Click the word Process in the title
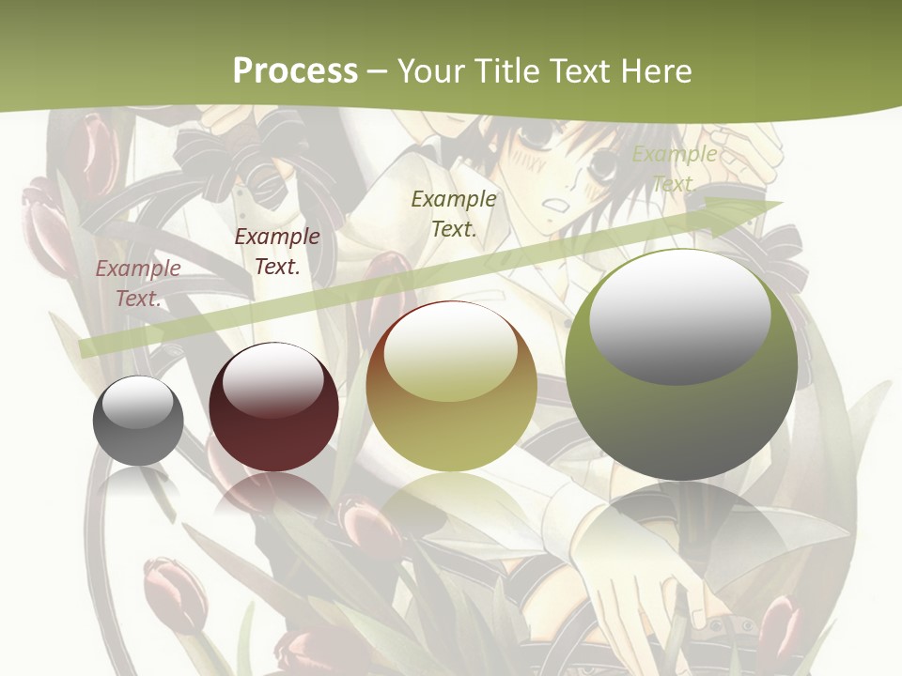[x=295, y=70]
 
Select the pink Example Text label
[x=138, y=283]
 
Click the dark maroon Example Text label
[x=277, y=251]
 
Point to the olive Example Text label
[x=454, y=213]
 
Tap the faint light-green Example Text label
[x=674, y=169]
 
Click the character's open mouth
[x=556, y=203]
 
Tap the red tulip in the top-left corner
[x=94, y=150]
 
